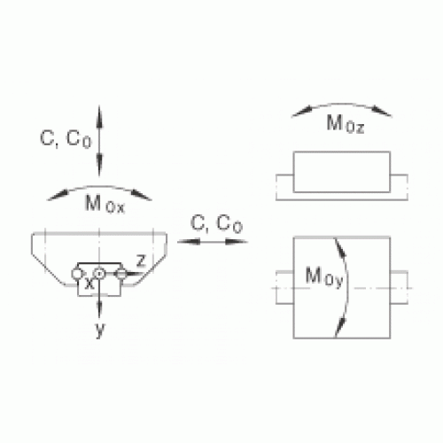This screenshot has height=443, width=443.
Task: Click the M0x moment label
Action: click(x=105, y=204)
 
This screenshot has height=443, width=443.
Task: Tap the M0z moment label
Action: click(x=346, y=124)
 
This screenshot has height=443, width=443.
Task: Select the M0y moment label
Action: click(x=324, y=276)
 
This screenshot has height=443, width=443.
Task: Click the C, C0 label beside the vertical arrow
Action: click(x=66, y=138)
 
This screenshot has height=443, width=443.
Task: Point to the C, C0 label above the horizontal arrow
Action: click(x=216, y=223)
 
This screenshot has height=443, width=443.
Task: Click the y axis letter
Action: click(x=100, y=330)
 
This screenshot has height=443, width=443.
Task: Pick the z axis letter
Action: click(x=141, y=260)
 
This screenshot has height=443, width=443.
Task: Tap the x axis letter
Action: click(x=89, y=284)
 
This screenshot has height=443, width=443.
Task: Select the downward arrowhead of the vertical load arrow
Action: click(x=99, y=165)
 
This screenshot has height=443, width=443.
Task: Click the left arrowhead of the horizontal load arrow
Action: click(x=189, y=242)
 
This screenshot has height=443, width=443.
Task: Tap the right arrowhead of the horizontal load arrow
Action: click(x=237, y=242)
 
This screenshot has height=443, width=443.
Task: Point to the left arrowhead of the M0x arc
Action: click(x=58, y=196)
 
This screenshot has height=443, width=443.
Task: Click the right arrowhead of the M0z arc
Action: click(x=382, y=112)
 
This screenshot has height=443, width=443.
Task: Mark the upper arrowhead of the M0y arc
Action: click(x=340, y=248)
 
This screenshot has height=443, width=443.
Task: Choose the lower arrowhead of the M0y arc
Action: click(x=340, y=327)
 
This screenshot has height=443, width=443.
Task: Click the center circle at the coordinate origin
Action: click(x=99, y=274)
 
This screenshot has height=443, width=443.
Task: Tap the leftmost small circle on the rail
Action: click(x=77, y=274)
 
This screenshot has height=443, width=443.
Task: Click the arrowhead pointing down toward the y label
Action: click(x=99, y=308)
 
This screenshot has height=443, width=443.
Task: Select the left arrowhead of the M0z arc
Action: click(x=302, y=112)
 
